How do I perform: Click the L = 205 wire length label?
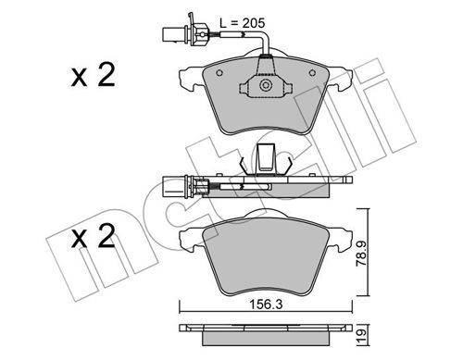pos(243,23)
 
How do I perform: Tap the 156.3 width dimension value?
pos(266,304)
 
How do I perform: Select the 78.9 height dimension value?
pos(362,254)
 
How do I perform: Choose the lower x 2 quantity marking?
pos(93,237)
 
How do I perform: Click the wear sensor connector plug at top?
pos(178,33)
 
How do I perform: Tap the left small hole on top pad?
pos(219,73)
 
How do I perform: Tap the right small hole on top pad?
pos(312,73)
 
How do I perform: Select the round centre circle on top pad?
pos(265,85)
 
